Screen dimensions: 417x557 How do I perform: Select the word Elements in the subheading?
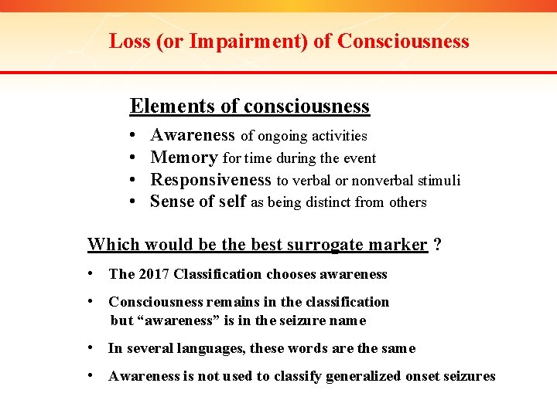163,106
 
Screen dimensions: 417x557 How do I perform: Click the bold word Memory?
184,158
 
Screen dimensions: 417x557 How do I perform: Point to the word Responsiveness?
211,180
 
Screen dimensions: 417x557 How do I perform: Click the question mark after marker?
438,245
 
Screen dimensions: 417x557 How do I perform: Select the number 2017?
153,274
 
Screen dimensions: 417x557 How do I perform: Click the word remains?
229,302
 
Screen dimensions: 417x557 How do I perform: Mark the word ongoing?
282,136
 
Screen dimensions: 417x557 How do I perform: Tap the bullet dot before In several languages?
92,348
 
